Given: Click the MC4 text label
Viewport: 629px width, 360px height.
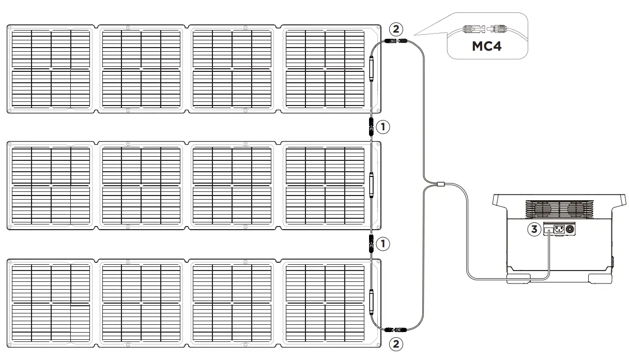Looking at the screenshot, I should (487, 47).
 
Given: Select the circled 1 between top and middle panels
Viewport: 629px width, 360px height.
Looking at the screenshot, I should (383, 126).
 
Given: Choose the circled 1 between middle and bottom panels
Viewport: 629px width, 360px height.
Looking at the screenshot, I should (383, 243).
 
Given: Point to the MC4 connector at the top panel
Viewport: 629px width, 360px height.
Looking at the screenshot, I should (395, 40).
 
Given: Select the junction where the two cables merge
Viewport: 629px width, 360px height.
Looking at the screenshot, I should (440, 184).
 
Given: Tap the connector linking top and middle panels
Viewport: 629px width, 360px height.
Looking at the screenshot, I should (371, 126).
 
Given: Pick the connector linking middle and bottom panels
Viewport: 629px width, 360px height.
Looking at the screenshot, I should (371, 243).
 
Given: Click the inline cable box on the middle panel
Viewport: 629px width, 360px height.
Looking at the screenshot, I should (371, 185).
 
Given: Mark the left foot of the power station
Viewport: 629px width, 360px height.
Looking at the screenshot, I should (517, 278).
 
